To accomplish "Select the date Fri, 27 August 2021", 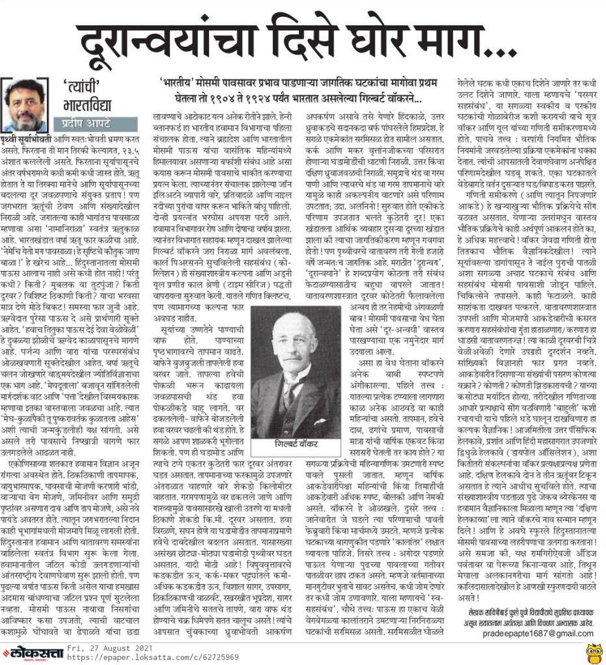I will (x=103, y=647).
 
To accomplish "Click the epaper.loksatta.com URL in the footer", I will (x=123, y=657).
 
